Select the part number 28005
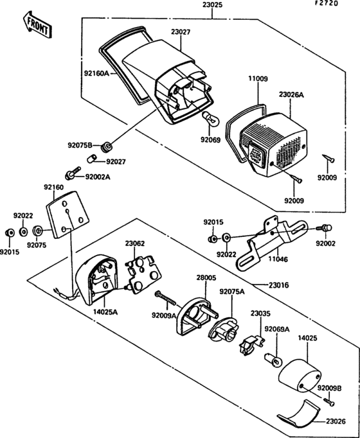[206, 277]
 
